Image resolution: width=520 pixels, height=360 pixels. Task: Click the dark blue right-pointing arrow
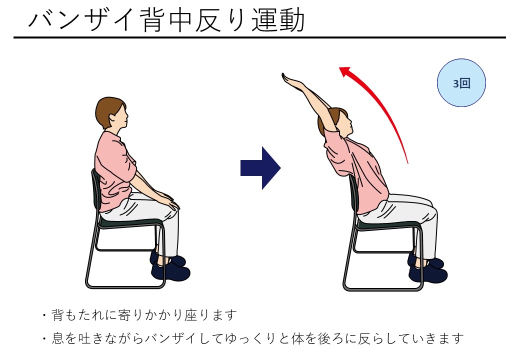point(260,168)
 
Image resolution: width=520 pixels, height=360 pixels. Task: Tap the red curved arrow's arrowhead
point(345,71)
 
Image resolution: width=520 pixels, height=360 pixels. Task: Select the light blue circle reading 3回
point(461,83)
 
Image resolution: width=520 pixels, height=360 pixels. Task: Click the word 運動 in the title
point(278,20)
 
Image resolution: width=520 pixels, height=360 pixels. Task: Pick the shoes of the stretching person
point(428,268)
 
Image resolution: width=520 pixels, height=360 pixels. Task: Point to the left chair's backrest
point(96,189)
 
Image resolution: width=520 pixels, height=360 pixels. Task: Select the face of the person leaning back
point(346,123)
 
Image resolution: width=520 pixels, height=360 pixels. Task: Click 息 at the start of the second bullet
point(57,338)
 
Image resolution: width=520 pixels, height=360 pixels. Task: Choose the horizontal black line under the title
point(259,37)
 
